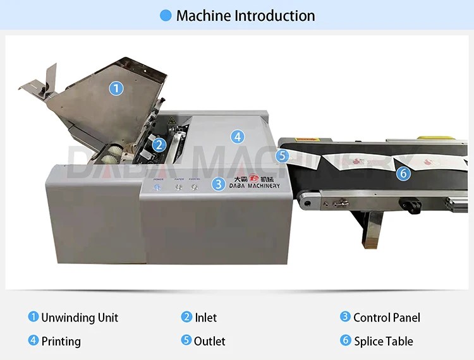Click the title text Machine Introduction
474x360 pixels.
(245, 16)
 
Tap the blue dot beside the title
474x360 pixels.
(166, 16)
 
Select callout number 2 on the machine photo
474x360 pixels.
(159, 145)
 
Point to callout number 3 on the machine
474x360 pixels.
(218, 184)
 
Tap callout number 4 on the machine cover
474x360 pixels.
(237, 136)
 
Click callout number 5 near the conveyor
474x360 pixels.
(282, 155)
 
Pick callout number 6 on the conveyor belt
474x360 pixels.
(403, 172)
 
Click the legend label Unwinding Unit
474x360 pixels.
(80, 318)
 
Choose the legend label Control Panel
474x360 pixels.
(386, 318)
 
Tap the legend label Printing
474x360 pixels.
(61, 342)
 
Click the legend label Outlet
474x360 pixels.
(210, 341)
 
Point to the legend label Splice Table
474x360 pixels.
(383, 342)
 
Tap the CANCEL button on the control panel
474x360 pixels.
(195, 186)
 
